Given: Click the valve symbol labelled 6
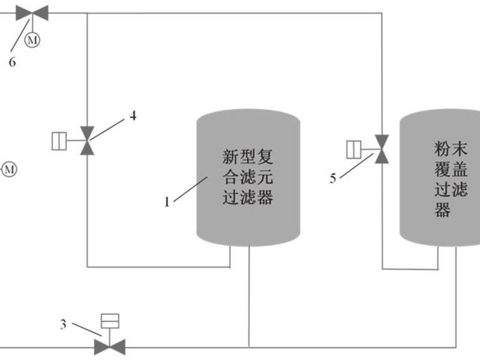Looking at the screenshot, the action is click(32, 13).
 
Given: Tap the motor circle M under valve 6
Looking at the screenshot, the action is click(32, 40).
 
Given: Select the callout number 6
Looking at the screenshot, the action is click(12, 62).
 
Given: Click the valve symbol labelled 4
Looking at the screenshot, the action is click(87, 140).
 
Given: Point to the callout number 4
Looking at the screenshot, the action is click(133, 116).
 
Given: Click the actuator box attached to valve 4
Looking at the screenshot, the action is click(59, 141).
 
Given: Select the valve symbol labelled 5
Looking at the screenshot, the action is click(382, 149).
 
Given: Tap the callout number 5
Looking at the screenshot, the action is click(333, 178).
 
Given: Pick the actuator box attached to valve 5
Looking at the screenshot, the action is click(354, 149).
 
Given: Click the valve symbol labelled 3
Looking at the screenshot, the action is click(110, 347).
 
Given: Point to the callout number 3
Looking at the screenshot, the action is click(63, 324).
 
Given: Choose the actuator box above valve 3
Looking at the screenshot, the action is click(110, 321).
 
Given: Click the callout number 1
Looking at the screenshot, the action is click(167, 202).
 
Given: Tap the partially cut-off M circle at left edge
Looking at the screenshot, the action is click(9, 169).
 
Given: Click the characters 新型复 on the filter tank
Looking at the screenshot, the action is click(247, 157).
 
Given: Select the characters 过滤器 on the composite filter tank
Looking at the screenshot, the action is click(247, 197).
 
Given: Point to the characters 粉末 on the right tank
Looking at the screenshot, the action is click(451, 149).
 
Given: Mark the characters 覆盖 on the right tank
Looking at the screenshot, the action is click(451, 169).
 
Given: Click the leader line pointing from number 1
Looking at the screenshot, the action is click(191, 189).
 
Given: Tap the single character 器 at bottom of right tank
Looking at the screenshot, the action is click(442, 209).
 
